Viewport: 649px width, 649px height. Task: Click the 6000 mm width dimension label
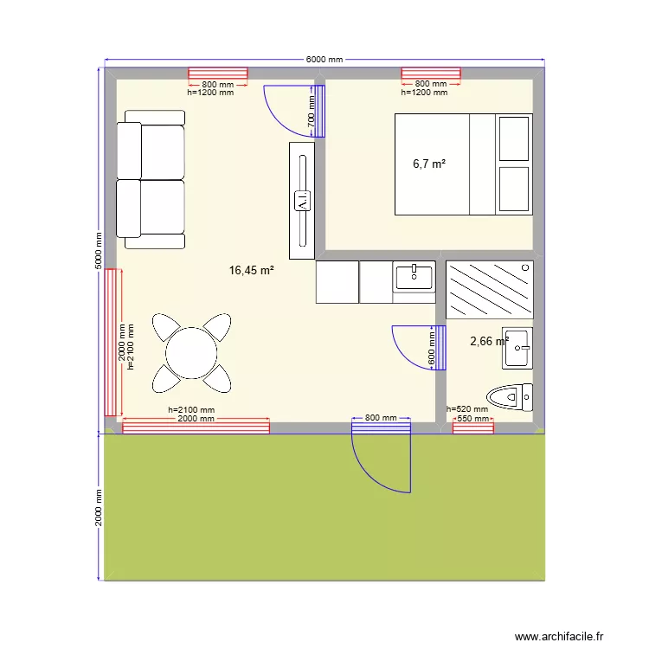(324, 60)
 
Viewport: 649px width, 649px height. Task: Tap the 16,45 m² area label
(251, 271)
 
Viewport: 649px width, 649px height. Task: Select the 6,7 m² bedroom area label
(429, 164)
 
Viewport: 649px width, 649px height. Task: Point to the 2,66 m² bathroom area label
(488, 342)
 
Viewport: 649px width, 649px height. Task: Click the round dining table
(192, 352)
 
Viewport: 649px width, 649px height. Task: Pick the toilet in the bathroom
(510, 397)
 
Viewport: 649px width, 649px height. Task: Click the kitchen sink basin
(414, 276)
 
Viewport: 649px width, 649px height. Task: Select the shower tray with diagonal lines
(489, 290)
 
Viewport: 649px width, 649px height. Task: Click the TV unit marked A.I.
(302, 201)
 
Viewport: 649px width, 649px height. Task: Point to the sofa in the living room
(151, 179)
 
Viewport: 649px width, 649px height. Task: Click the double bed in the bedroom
(463, 164)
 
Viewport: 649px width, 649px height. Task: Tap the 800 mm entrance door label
(381, 418)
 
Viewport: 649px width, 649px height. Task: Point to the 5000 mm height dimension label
(99, 251)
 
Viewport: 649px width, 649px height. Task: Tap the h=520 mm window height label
(467, 409)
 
